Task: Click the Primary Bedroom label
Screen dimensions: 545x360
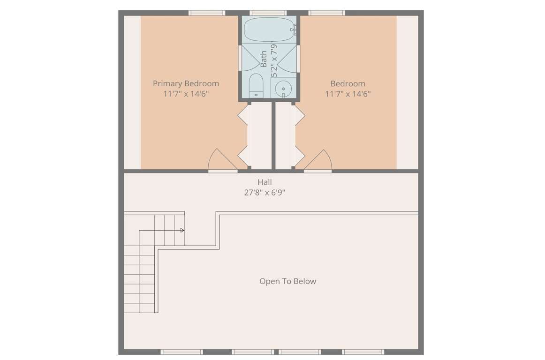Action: click(186, 84)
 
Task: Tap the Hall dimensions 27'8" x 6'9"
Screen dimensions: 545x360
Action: click(265, 193)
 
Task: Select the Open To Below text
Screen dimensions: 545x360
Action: click(288, 281)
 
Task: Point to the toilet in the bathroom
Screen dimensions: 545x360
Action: click(256, 85)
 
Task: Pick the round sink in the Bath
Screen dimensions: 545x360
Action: click(283, 90)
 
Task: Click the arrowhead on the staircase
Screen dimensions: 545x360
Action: click(182, 230)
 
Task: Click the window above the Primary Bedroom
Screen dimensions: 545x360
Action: click(207, 13)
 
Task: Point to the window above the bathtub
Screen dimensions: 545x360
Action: click(268, 13)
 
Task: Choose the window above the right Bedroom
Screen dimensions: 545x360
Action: click(327, 13)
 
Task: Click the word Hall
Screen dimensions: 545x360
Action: click(265, 182)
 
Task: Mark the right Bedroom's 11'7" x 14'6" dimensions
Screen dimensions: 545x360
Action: click(348, 94)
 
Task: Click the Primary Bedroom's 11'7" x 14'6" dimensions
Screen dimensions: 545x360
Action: click(186, 94)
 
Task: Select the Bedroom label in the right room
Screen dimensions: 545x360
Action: click(348, 84)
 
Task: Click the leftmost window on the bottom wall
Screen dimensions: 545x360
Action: click(182, 352)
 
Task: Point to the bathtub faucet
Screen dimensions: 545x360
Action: click(295, 30)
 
